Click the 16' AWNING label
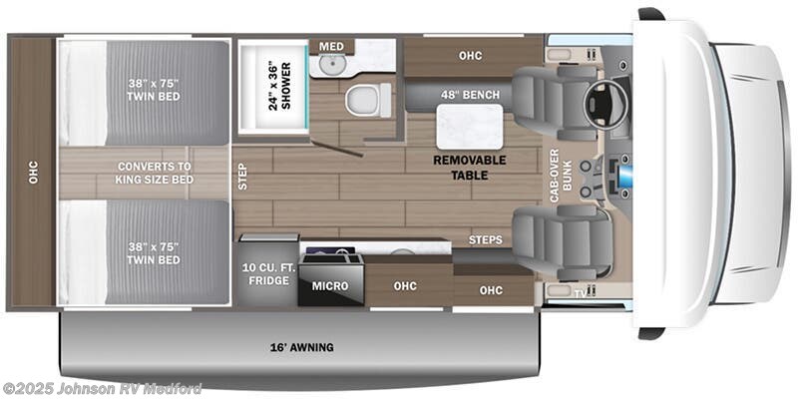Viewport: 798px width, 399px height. pyautogui.click(x=301, y=347)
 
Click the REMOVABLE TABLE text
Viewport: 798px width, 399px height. pyautogui.click(x=469, y=167)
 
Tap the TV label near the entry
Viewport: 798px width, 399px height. pyautogui.click(x=579, y=293)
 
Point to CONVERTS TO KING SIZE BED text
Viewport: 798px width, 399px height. pyautogui.click(x=155, y=173)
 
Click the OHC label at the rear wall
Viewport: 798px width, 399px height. pyautogui.click(x=32, y=173)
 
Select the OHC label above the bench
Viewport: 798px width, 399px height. pyautogui.click(x=470, y=56)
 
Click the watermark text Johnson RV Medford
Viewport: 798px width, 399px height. pyautogui.click(x=102, y=388)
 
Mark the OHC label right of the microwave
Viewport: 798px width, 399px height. pyautogui.click(x=405, y=287)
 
